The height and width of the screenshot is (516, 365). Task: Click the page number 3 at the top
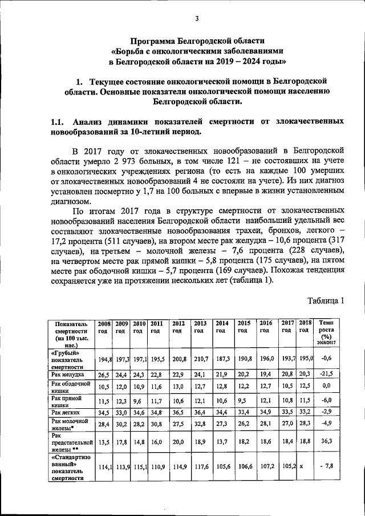[x=196, y=18]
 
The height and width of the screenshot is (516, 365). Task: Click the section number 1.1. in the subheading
[x=57, y=121]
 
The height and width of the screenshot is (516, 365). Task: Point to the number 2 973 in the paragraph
[x=132, y=161]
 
